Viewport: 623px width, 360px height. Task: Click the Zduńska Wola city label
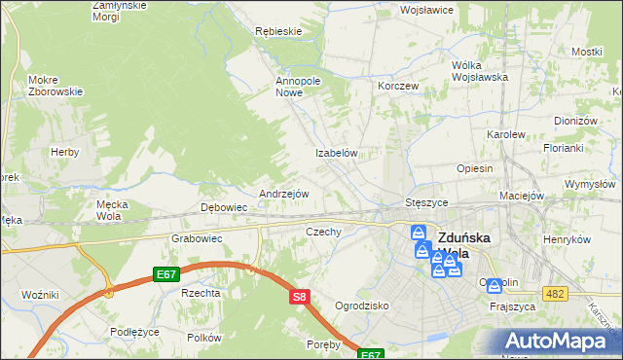pyautogui.click(x=467, y=244)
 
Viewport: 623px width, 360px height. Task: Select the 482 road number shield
pyautogui.click(x=554, y=294)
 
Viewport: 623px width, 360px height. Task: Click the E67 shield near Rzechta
pyautogui.click(x=165, y=275)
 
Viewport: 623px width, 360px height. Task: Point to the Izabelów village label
pyautogui.click(x=338, y=154)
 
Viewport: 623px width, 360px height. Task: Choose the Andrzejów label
pyautogui.click(x=283, y=194)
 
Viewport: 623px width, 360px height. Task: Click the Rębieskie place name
pyautogui.click(x=278, y=31)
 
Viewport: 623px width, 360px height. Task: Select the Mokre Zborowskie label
pyautogui.click(x=55, y=86)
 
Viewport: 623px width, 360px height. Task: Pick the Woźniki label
pyautogui.click(x=41, y=294)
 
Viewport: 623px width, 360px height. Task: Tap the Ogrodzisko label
pyautogui.click(x=361, y=306)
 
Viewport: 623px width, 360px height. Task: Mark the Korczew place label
pyautogui.click(x=398, y=86)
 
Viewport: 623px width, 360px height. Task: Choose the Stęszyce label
pyautogui.click(x=425, y=202)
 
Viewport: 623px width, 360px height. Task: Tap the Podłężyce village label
pyautogui.click(x=134, y=332)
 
